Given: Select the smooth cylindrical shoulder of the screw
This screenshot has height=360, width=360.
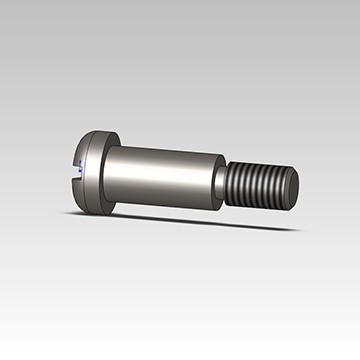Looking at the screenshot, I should tap(160, 175).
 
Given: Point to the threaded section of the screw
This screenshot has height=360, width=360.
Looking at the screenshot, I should tap(258, 187).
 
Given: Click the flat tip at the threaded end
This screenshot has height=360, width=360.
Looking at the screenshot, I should tap(293, 188).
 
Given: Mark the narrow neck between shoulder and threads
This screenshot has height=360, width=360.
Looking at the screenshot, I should tap(220, 184).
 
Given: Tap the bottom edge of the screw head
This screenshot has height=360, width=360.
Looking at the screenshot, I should tap(95, 209).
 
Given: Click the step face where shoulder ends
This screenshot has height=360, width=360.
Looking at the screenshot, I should tap(216, 180).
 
